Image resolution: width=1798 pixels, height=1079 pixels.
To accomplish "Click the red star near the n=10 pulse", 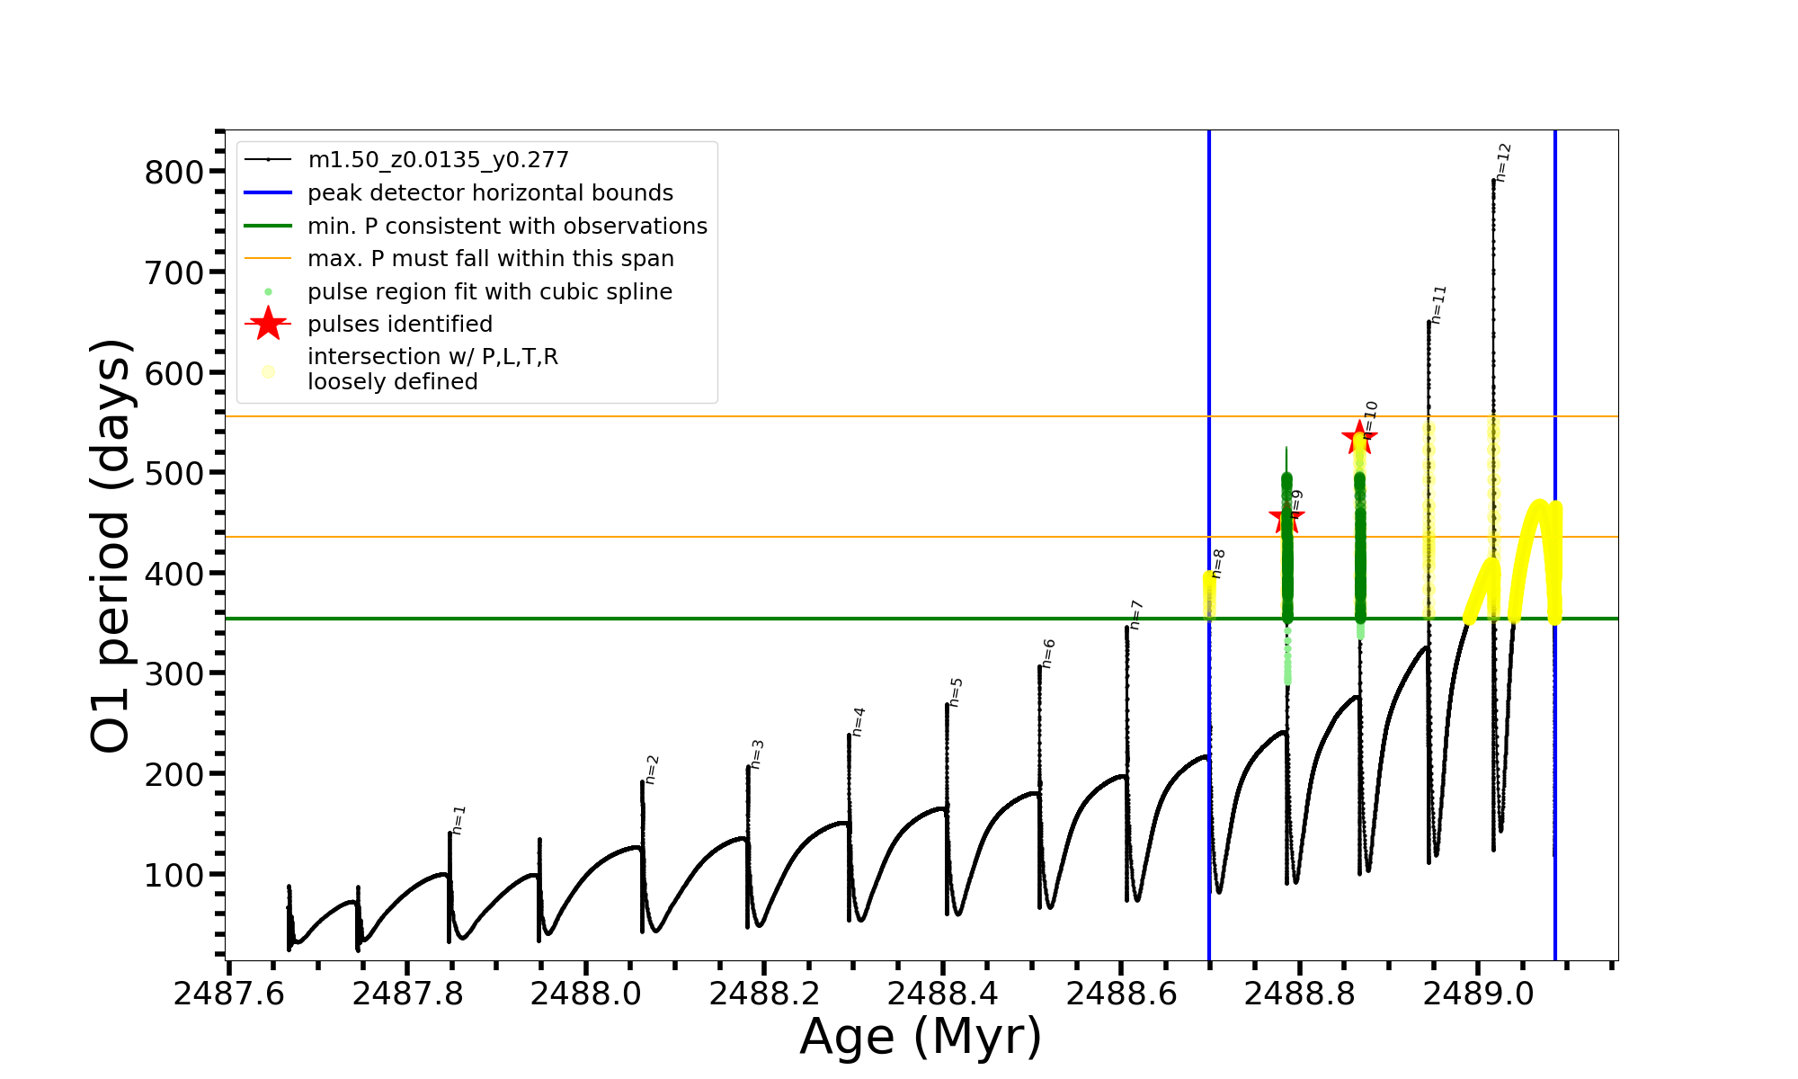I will pyautogui.click(x=1358, y=439).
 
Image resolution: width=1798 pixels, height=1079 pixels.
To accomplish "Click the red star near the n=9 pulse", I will pyautogui.click(x=1286, y=518).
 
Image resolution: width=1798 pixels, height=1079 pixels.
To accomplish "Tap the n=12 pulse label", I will pyautogui.click(x=1503, y=163).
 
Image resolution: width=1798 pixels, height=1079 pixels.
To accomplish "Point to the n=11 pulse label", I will pyautogui.click(x=1438, y=305).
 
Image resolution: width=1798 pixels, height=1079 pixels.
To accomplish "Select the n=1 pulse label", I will pyautogui.click(x=458, y=820).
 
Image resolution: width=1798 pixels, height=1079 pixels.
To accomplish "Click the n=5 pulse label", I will pyautogui.click(x=956, y=692).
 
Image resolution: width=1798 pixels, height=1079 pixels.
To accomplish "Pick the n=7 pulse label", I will pyautogui.click(x=1135, y=615).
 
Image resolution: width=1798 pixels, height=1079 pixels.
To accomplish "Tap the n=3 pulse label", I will pyautogui.click(x=757, y=754).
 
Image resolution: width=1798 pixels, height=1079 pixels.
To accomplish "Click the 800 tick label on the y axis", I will pyautogui.click(x=174, y=172).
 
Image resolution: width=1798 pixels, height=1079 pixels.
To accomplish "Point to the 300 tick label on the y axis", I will pyautogui.click(x=174, y=673).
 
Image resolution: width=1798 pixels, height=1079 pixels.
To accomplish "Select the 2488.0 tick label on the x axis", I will pyautogui.click(x=585, y=994).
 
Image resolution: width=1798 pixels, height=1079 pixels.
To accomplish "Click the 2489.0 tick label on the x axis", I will pyautogui.click(x=1478, y=994).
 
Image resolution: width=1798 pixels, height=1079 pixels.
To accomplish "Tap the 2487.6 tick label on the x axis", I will pyautogui.click(x=228, y=994).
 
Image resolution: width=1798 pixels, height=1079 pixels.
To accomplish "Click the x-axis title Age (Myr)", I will pyautogui.click(x=921, y=1036).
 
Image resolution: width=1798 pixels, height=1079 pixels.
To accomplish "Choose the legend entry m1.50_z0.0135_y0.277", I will pyautogui.click(x=438, y=160).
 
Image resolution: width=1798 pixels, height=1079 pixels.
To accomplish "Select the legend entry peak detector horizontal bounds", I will pyautogui.click(x=490, y=193).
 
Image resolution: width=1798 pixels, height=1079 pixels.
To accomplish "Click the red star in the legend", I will pyautogui.click(x=268, y=324).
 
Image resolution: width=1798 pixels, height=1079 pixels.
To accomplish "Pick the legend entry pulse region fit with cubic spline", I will pyautogui.click(x=489, y=292).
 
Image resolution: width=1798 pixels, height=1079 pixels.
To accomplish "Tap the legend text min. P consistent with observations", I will pyautogui.click(x=507, y=227).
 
